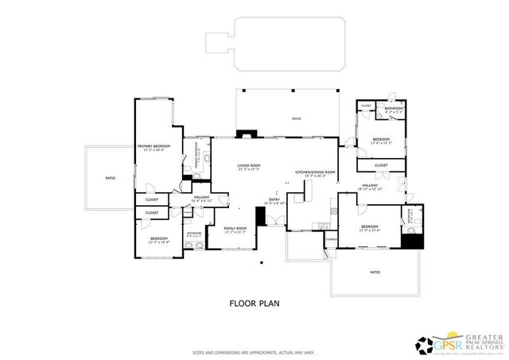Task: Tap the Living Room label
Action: (249, 167)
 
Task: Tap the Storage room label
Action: (331, 238)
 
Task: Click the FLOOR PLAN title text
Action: (254, 303)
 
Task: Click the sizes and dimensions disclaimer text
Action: (254, 353)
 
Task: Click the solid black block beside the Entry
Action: (259, 217)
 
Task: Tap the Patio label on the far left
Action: (110, 178)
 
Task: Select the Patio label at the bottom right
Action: (374, 272)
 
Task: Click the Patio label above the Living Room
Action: (296, 119)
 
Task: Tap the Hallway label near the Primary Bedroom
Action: (200, 199)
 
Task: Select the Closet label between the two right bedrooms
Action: (381, 165)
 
